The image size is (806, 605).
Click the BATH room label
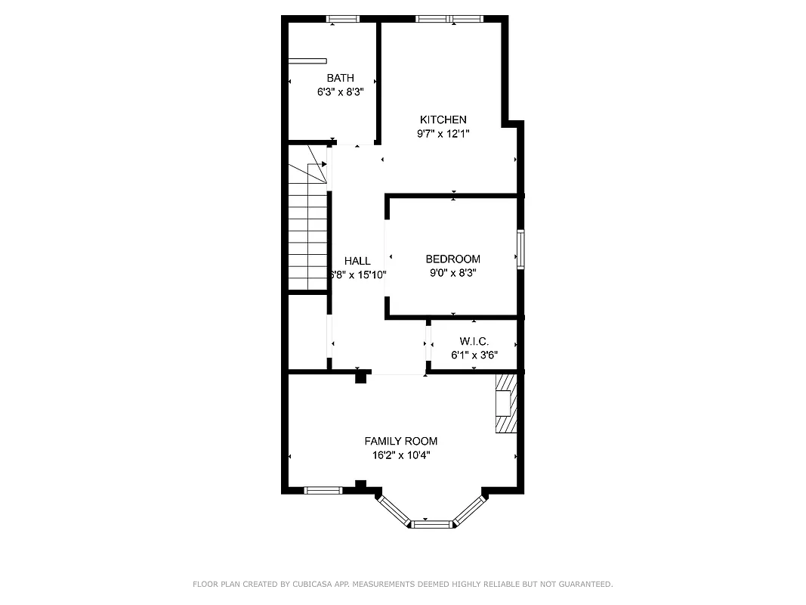340,78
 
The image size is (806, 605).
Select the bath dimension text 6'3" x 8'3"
340,92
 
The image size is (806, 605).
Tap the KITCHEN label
443,119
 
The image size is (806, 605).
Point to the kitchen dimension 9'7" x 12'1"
443,134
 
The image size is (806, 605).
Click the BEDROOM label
452,259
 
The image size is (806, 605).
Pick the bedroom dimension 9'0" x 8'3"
452,273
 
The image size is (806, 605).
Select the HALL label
357,261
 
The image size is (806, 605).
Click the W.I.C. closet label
474,341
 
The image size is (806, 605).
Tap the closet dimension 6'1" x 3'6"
474,355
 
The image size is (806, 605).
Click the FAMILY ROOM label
400,441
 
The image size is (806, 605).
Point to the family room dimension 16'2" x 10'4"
400,455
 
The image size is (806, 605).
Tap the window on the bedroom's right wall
520,250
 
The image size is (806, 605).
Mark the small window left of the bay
323,490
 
